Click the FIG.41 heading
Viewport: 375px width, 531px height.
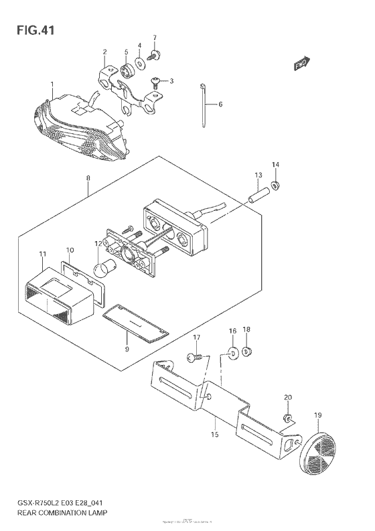(x=31, y=31)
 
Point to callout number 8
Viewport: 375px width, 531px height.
(x=87, y=177)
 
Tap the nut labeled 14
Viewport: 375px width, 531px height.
(x=275, y=184)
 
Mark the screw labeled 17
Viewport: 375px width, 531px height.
(x=193, y=358)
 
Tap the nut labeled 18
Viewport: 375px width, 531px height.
(x=246, y=352)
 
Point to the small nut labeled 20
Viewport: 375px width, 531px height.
(x=287, y=419)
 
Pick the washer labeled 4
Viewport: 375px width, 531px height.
(x=139, y=65)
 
